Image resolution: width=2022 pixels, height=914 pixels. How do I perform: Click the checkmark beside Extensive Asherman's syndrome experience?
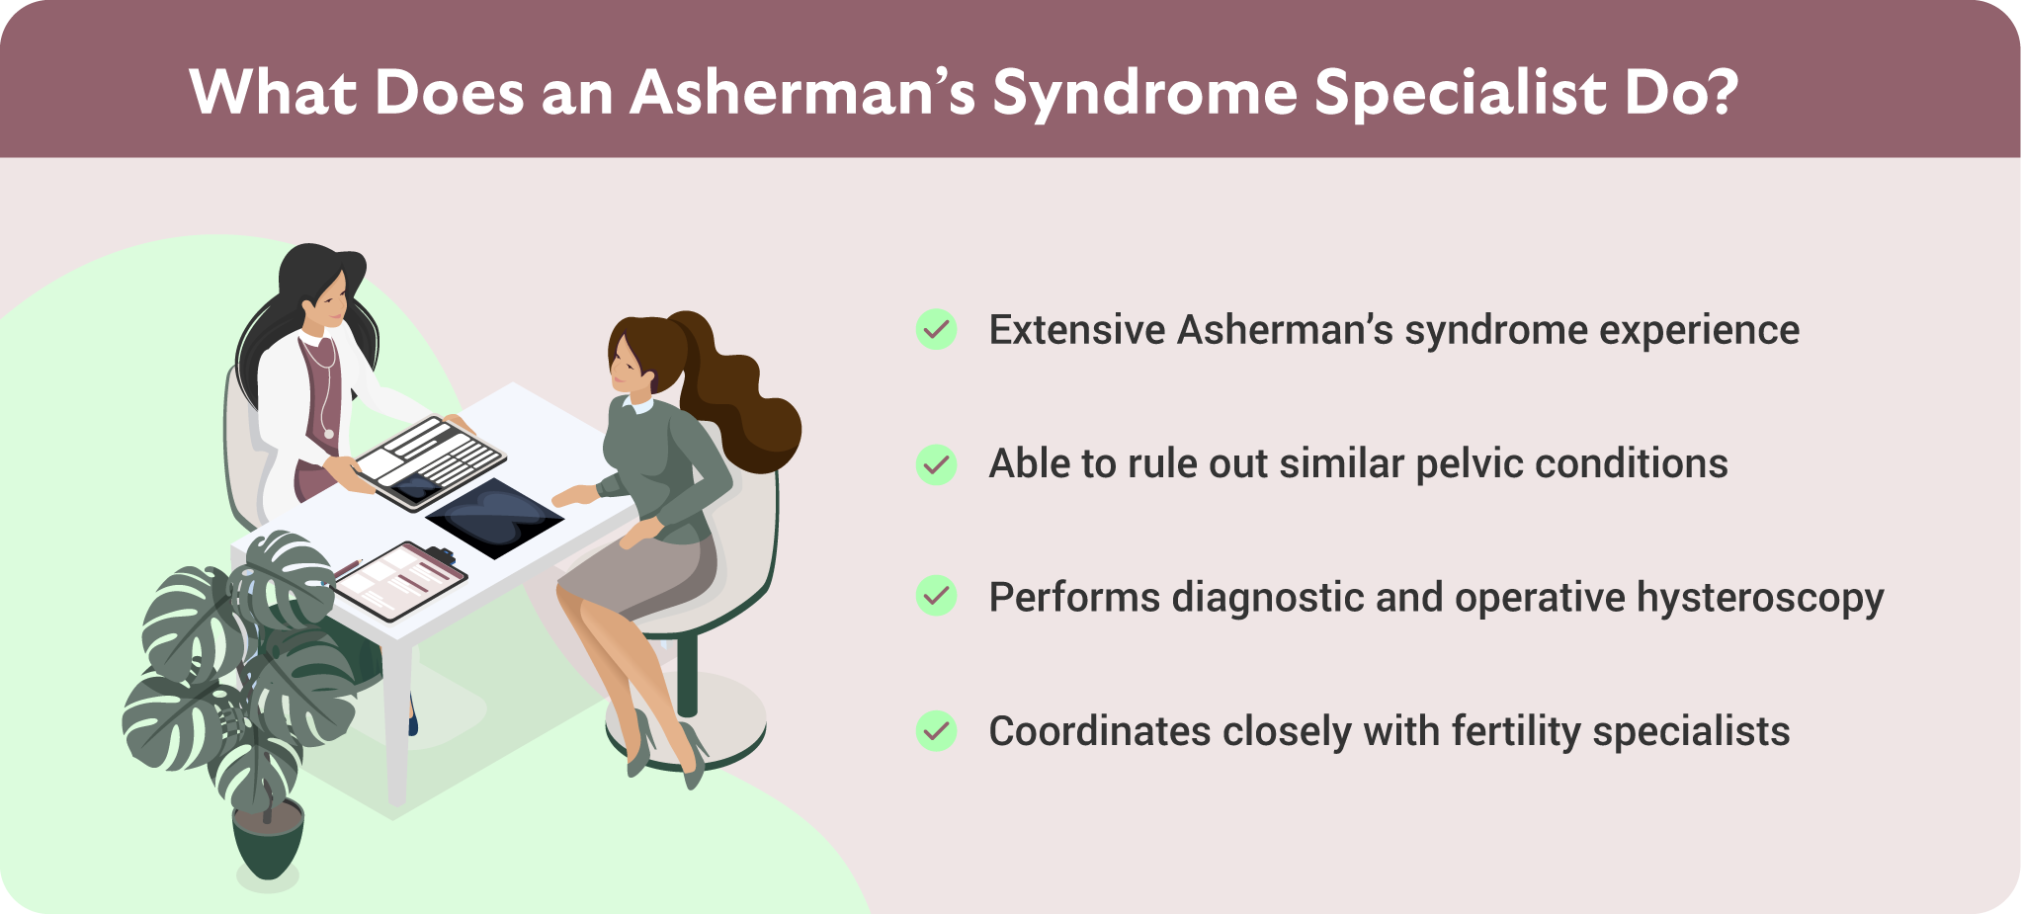(936, 329)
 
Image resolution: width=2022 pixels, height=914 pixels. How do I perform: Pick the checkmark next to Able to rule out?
(936, 463)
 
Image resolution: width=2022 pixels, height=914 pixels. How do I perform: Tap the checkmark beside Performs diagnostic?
(936, 597)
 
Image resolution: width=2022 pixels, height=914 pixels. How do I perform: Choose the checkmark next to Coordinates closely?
(936, 731)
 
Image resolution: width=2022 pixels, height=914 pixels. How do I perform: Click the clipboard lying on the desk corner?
(400, 580)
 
